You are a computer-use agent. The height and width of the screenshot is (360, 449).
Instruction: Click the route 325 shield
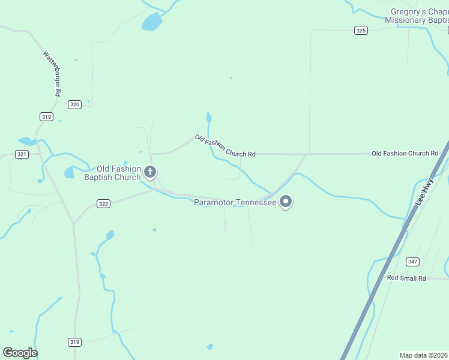coord(361,30)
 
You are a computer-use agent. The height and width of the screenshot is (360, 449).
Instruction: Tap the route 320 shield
coord(74,104)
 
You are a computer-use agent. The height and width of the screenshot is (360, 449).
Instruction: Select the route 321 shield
coord(22,154)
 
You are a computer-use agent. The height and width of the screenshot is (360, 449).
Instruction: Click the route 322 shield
coord(103,204)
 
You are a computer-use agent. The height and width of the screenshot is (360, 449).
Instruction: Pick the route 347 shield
coord(412,261)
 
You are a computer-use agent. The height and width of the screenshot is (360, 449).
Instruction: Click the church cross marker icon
coord(150,173)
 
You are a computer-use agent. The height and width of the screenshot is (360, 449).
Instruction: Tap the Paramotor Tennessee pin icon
coord(286,202)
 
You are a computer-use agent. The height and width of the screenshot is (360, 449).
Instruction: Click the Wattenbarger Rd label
coord(52,73)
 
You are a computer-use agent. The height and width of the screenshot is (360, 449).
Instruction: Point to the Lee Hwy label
coord(424,196)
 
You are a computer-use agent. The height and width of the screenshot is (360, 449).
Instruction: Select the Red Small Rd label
coord(406,278)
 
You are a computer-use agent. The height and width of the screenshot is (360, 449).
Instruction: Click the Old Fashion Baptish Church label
coord(112,173)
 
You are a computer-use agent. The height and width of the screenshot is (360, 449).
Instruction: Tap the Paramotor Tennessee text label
coord(235,203)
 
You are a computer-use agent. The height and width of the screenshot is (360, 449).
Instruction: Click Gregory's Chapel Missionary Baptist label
coord(417,16)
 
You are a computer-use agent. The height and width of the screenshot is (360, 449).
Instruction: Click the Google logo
coord(20,353)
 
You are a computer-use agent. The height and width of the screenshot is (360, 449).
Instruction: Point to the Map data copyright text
coord(424,355)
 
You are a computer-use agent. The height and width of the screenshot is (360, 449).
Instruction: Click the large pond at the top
coord(151,23)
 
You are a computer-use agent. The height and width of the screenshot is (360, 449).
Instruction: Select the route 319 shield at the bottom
coord(74,342)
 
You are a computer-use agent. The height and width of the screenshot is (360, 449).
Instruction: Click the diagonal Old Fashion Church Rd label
coord(225,146)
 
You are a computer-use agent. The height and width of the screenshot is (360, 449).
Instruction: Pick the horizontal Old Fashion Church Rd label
coord(405,154)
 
